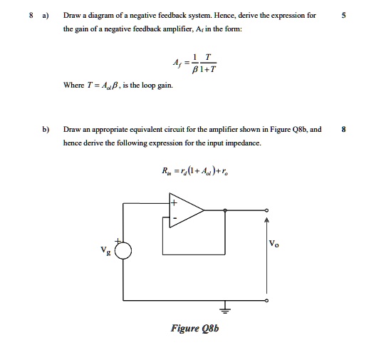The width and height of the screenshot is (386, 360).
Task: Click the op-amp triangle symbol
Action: tap(186, 210)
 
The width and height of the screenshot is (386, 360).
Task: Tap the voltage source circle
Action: tap(124, 250)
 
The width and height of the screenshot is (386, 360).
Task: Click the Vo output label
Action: tap(275, 245)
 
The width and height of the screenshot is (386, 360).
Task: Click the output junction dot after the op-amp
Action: tap(226, 210)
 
